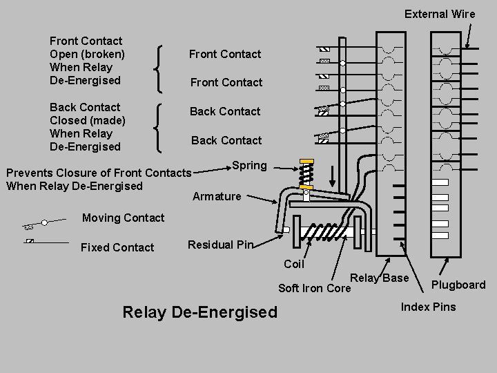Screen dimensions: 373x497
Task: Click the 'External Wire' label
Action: [439, 14]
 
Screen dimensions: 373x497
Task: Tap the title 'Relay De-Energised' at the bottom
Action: [199, 312]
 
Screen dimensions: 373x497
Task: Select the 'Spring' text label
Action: [249, 166]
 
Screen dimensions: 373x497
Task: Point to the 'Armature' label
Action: [217, 196]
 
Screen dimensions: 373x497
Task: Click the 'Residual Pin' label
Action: [220, 245]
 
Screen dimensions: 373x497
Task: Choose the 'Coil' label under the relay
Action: [294, 264]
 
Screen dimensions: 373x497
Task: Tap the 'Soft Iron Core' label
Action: [314, 288]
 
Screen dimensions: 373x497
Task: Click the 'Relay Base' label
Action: [380, 278]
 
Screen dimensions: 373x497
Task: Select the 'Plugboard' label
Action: [458, 285]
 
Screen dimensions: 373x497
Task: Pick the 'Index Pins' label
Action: [428, 307]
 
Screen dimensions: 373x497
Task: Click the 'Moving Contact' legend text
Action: [123, 218]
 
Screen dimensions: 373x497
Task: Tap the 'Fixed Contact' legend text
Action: [117, 247]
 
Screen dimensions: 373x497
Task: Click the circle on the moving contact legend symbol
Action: [44, 222]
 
